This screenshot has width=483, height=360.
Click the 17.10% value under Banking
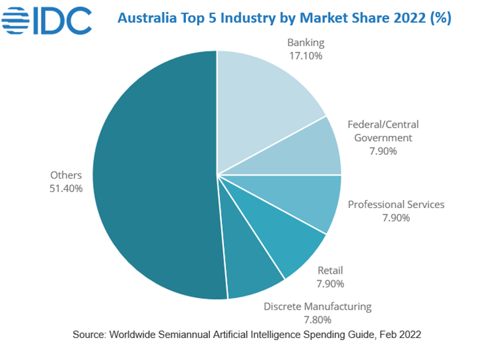[306, 56]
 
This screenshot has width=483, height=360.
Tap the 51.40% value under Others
[66, 189]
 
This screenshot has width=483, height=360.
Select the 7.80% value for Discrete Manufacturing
[317, 319]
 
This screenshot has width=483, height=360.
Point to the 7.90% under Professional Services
[396, 218]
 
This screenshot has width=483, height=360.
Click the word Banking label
[306, 43]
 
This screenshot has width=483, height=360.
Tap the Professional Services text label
[396, 205]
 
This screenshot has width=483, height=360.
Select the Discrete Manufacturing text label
[318, 306]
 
